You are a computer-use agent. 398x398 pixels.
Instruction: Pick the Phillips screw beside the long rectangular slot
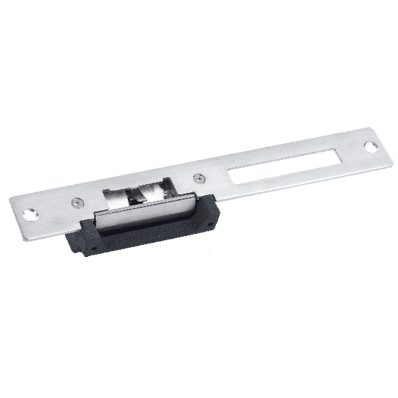[x=198, y=177]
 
